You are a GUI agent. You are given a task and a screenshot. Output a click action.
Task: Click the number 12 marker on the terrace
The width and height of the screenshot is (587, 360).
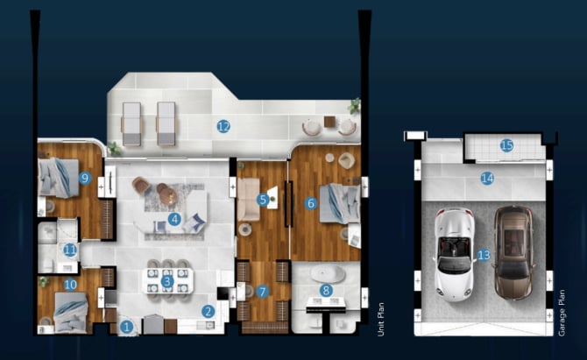click(x=223, y=126)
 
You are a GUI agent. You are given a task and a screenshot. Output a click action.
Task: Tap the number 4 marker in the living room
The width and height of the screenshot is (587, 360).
click(x=174, y=219)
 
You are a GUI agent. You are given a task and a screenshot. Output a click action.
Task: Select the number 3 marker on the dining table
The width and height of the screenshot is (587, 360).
click(x=167, y=281)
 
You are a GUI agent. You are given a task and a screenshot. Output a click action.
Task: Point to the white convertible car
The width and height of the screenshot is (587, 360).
click(x=454, y=255)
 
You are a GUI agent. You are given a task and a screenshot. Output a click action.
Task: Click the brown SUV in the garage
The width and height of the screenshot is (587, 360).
click(x=513, y=252)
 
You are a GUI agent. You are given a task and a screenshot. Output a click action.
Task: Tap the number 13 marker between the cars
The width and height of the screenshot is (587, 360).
click(x=484, y=255)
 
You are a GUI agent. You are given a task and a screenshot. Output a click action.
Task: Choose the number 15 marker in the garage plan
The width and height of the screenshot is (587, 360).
click(x=506, y=145)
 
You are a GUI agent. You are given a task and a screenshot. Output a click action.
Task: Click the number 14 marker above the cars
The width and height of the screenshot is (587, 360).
click(x=487, y=179)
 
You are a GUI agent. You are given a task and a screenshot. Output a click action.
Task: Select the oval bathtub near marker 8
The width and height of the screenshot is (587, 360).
click(x=328, y=274)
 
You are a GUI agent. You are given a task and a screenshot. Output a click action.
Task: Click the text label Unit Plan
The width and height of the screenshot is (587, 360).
click(x=381, y=319)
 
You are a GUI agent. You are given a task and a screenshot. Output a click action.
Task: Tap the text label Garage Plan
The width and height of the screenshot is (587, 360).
click(x=562, y=313)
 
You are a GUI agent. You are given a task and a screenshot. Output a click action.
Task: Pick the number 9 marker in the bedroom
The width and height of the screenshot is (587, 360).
click(x=85, y=178)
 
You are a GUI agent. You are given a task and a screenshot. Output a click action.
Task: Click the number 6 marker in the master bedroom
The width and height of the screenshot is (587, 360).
click(x=311, y=203)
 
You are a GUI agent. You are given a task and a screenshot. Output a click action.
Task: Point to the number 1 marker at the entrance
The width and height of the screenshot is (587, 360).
click(x=126, y=327)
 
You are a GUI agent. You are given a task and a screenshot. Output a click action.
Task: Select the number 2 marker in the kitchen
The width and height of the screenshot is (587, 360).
click(x=209, y=311)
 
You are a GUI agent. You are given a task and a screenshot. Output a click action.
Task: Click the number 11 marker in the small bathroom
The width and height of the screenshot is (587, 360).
click(x=70, y=250)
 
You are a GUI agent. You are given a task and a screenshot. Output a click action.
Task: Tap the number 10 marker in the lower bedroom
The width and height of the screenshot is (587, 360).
click(x=70, y=286)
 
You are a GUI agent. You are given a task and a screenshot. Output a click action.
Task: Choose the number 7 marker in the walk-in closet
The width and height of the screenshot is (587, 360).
click(x=263, y=292)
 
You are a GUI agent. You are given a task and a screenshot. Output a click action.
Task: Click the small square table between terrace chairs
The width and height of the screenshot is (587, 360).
click(x=329, y=122)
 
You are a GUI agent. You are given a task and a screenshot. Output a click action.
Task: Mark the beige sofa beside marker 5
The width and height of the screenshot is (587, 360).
click(x=248, y=200)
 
